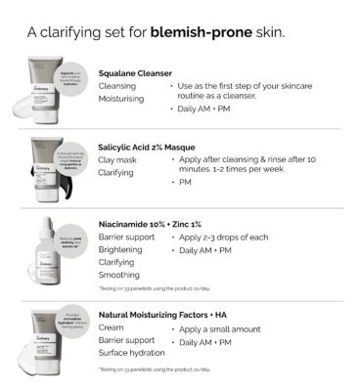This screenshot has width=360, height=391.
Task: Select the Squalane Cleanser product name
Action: [x=135, y=72]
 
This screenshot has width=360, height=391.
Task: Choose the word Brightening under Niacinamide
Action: [x=121, y=249]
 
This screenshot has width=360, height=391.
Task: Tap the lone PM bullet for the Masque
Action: [x=184, y=181]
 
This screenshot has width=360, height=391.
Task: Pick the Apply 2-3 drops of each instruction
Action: [x=227, y=237]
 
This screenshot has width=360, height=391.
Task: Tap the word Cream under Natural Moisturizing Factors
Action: [x=112, y=328]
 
